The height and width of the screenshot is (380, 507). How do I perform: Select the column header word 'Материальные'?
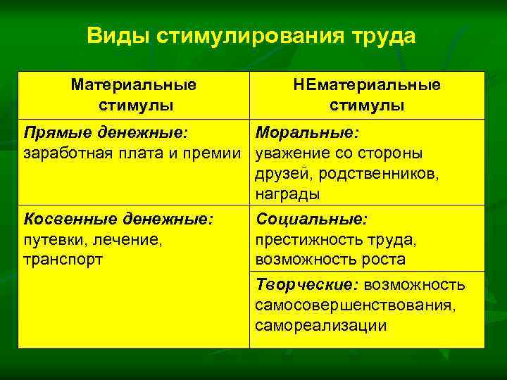click(x=134, y=85)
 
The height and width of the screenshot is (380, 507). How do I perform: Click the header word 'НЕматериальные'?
click(x=367, y=85)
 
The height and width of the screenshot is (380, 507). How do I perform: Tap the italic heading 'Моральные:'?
click(x=308, y=133)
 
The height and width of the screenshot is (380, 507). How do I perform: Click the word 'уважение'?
click(x=292, y=153)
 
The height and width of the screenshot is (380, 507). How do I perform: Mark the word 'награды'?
click(x=287, y=194)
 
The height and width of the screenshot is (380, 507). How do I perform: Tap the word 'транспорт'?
click(x=63, y=260)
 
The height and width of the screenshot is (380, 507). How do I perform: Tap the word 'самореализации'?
click(x=320, y=325)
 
